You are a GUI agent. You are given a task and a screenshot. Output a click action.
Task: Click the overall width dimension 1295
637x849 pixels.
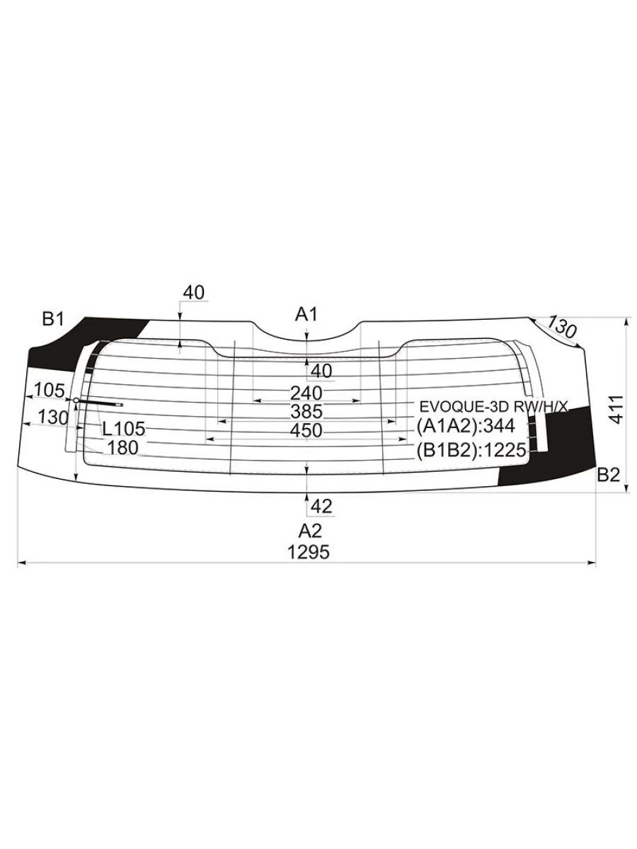point(309,552)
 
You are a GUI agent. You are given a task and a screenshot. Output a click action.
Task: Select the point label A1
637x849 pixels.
point(306,314)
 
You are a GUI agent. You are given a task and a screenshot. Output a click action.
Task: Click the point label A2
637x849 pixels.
point(310,531)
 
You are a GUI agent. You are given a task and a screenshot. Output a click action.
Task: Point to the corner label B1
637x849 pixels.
point(52,319)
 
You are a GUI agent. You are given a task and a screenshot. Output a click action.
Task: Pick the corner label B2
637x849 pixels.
point(609,475)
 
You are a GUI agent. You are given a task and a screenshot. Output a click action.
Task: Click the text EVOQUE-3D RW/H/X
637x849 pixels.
point(494,407)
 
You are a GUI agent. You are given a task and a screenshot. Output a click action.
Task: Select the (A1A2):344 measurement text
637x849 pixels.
point(466,426)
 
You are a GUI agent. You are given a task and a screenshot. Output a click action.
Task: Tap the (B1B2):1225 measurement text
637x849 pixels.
point(471,450)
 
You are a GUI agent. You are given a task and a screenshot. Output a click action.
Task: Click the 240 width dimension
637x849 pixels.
point(306,393)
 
